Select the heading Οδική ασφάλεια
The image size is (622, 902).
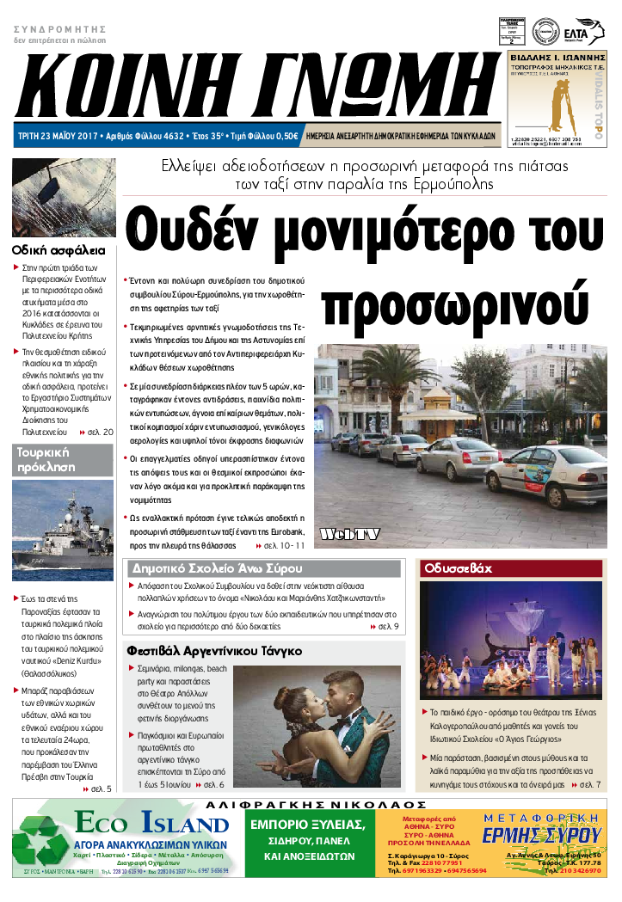tap(59, 251)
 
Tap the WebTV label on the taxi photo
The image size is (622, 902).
tap(350, 535)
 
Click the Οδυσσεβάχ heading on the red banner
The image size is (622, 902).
tap(457, 568)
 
